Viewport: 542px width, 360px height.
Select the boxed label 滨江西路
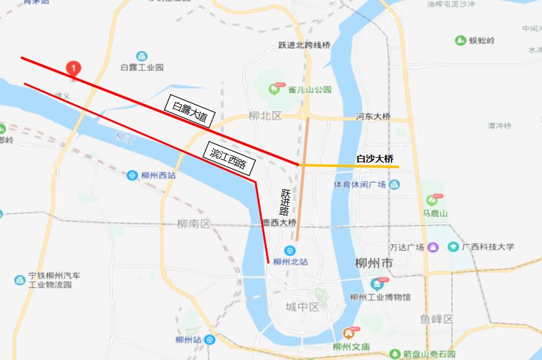228,159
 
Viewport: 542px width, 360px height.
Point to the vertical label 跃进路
285,202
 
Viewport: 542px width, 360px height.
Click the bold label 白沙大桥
375,159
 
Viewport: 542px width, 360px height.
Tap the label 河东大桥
373,116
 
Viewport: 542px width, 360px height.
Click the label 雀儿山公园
310,90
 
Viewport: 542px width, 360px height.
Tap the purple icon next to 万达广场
433,247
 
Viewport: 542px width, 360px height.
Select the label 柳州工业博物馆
379,297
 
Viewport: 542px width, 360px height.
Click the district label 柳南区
194,224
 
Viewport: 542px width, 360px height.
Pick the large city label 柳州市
374,264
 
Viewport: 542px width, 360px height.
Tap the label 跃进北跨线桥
304,45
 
